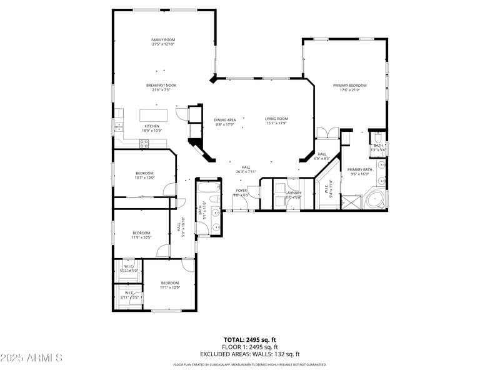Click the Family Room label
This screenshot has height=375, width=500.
click(x=162, y=39)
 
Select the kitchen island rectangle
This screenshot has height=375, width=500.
click(x=155, y=116)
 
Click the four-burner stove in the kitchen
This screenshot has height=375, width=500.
click(x=144, y=142)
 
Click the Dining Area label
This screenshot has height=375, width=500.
click(x=225, y=119)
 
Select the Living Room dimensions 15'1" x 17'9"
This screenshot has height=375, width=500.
click(x=276, y=123)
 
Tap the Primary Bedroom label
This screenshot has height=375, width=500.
click(x=349, y=85)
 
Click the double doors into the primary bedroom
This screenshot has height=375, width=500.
click(x=327, y=132)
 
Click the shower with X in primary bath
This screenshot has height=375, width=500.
click(x=351, y=202)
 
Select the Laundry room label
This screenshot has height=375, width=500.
click(x=293, y=192)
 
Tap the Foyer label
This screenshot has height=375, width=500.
click(x=241, y=190)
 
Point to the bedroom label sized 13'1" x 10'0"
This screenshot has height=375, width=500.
click(x=144, y=173)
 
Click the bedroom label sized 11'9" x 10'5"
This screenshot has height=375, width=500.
click(x=141, y=233)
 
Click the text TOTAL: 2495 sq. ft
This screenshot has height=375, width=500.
click(x=249, y=339)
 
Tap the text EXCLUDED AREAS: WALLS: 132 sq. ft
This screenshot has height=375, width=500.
click(x=249, y=354)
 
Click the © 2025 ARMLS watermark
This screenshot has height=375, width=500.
click(x=31, y=357)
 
